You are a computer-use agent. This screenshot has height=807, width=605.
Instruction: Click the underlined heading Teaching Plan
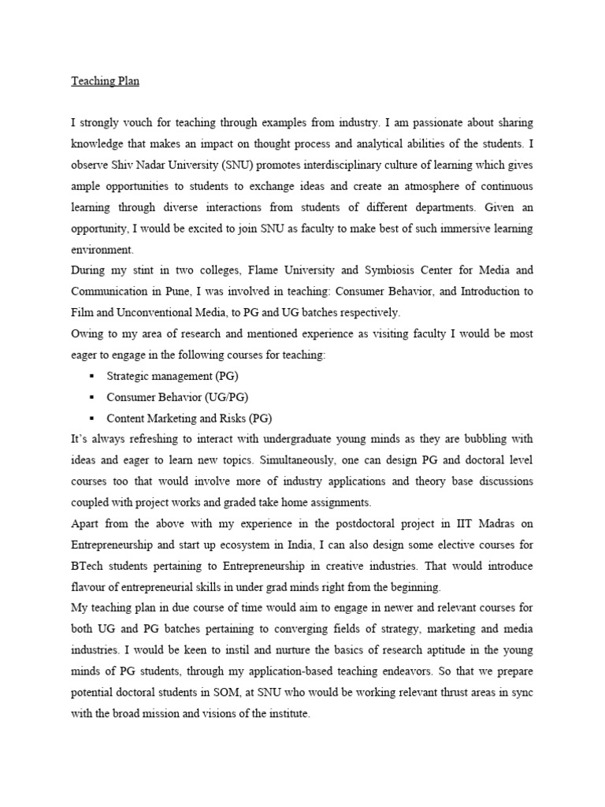[x=104, y=80]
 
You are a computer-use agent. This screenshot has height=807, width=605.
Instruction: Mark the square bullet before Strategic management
[x=92, y=376]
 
